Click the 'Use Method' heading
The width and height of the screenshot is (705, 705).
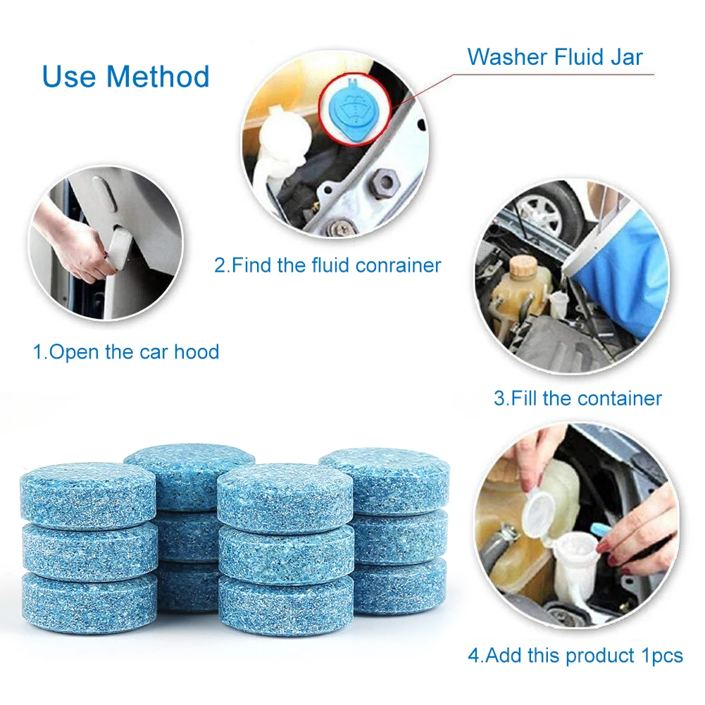tap(126, 76)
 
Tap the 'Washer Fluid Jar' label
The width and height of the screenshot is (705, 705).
tap(555, 56)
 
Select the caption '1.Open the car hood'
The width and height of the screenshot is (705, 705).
tap(126, 351)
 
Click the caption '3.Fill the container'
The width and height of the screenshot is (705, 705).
tap(578, 398)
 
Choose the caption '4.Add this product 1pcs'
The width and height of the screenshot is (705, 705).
tap(575, 655)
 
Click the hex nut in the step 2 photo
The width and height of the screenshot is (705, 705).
tap(385, 184)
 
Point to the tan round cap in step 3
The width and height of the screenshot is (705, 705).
tap(523, 266)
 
